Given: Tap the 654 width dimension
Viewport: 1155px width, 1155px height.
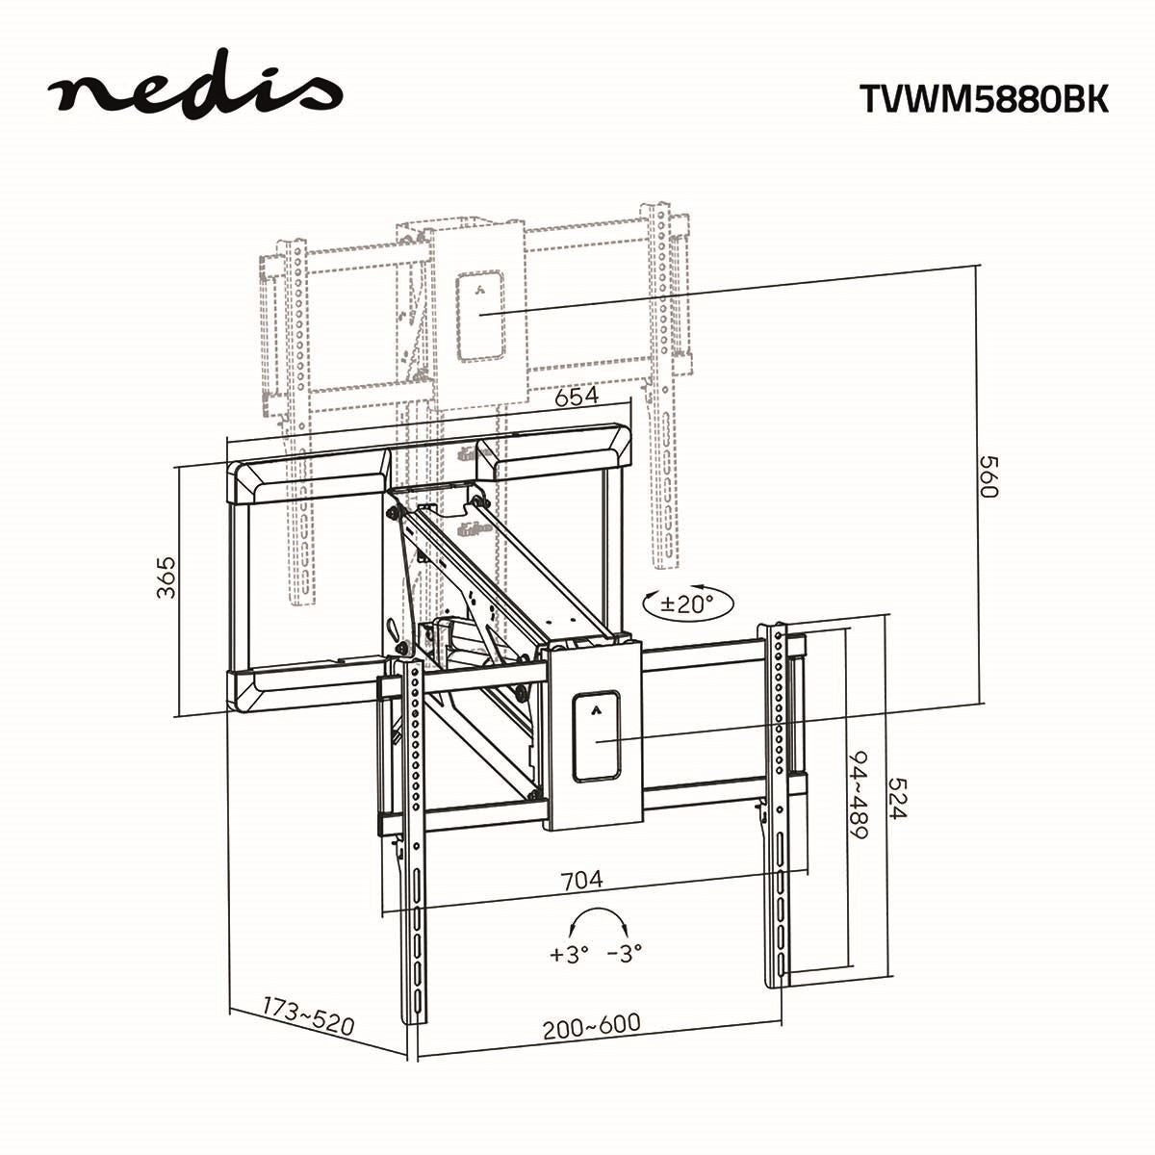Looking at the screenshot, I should point(576,396).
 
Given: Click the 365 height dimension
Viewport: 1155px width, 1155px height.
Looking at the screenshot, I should point(167,577).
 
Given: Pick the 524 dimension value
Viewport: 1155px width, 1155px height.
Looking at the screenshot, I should point(897,798).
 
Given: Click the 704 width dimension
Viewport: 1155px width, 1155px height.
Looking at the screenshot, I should point(582,879).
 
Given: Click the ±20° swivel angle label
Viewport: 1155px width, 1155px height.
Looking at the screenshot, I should point(687,604).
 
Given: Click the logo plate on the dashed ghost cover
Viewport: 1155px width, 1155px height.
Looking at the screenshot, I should point(480,317).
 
